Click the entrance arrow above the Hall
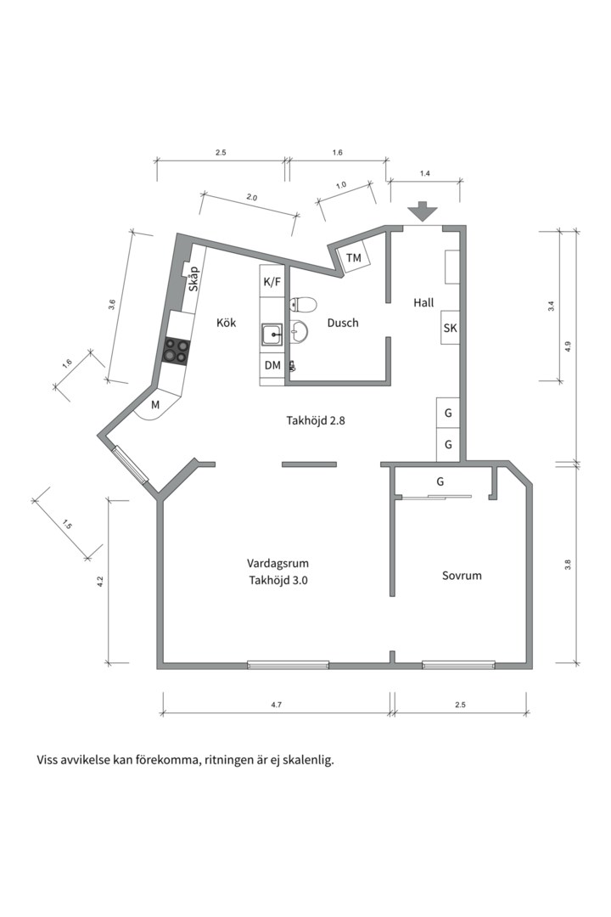coord(423,211)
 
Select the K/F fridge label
coord(272,282)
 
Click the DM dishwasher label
coord(272,365)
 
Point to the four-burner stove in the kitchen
coord(177,351)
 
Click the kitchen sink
coord(272,335)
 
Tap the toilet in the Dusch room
coord(302,305)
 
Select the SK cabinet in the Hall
coord(451,328)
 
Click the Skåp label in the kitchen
coord(193,279)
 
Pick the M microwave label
coord(155,404)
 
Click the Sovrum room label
coord(462,576)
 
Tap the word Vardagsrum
coord(277,564)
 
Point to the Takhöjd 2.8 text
coord(316,420)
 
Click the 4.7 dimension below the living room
coord(277,705)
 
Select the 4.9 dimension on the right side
coord(567,346)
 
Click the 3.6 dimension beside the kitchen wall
coord(112,305)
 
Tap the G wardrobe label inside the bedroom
coord(440,482)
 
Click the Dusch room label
coord(343,323)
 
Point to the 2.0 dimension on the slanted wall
coord(251,198)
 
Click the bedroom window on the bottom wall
coord(459,664)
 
